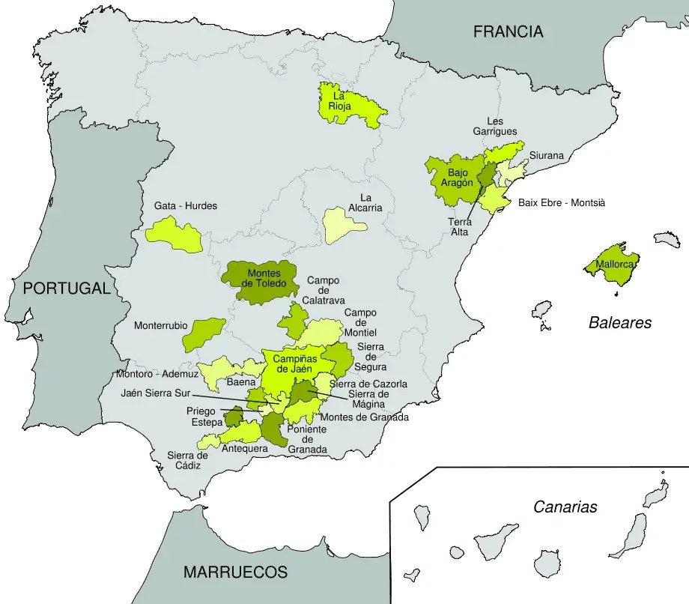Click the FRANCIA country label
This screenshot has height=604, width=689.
click(x=508, y=31)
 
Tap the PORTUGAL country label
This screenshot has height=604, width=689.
click(x=66, y=288)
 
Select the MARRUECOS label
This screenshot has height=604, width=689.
click(x=235, y=572)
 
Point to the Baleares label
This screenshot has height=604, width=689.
click(x=619, y=323)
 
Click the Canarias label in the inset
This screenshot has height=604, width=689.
click(x=565, y=507)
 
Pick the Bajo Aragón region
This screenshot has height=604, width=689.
click(x=452, y=178)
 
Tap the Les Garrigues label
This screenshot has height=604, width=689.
click(x=495, y=126)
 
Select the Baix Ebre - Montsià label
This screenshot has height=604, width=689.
click(x=561, y=202)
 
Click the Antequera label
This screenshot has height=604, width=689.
click(x=244, y=448)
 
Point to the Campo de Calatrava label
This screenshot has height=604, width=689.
click(x=323, y=290)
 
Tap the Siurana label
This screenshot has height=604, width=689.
click(x=546, y=155)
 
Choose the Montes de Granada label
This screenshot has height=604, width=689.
click(x=364, y=417)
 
